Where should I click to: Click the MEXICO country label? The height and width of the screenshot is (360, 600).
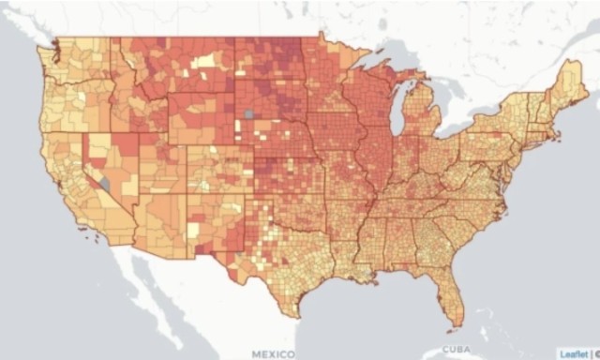274,353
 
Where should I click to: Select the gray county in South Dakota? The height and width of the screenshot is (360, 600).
248,113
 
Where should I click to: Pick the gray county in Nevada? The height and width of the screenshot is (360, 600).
107,185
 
